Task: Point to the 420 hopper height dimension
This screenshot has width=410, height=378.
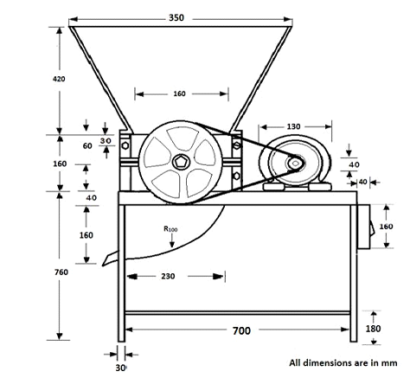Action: coord(58,80)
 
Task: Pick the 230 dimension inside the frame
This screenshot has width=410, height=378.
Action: coord(169,276)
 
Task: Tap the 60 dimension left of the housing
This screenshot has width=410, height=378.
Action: coord(87,146)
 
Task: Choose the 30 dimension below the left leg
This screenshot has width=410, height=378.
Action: coord(119,366)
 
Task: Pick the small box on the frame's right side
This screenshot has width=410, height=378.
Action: coord(363,230)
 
